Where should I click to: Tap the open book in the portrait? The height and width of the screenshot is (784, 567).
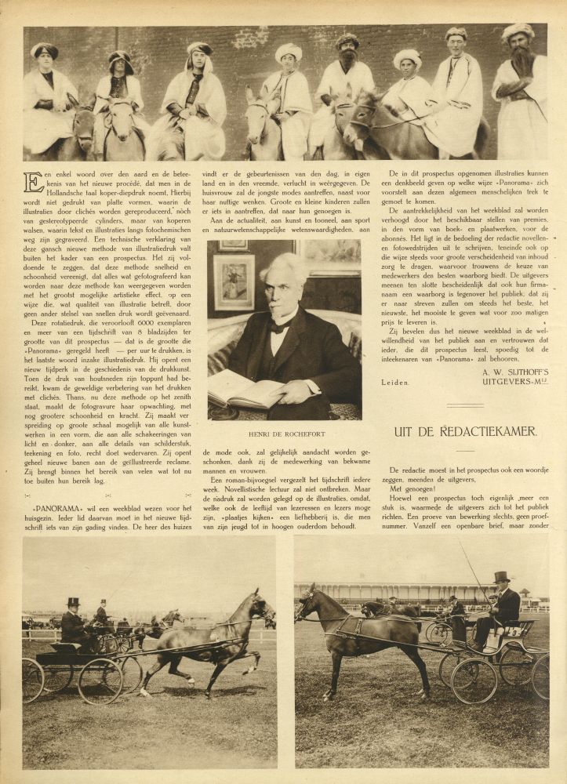coord(246,390)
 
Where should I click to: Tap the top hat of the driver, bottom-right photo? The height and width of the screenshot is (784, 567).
coord(500,577)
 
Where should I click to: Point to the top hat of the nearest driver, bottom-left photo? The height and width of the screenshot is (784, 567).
coord(74,602)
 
